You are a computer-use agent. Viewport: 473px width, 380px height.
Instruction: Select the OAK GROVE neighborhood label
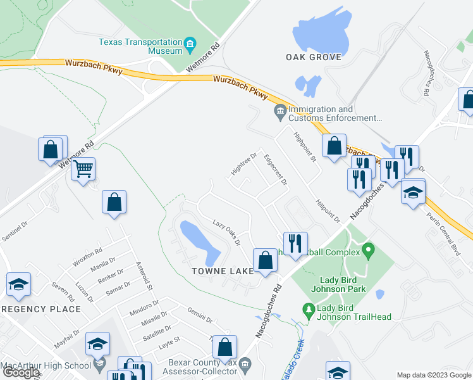point(314,57)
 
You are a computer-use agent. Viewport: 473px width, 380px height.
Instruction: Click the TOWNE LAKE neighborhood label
point(222,271)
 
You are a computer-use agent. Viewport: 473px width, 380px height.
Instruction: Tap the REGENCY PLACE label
point(40,309)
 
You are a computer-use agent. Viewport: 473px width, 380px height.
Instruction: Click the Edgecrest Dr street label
point(276,169)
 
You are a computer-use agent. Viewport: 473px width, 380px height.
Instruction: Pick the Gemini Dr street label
point(199,313)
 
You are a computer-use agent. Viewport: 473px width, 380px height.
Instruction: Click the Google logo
point(21,372)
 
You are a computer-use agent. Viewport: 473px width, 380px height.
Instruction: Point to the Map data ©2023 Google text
point(433,375)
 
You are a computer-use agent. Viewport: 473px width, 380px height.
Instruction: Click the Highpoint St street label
point(305,146)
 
